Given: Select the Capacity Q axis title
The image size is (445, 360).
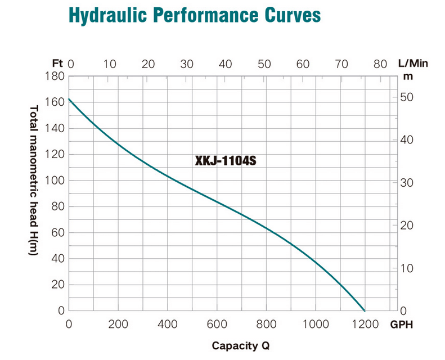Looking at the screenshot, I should (x=245, y=345).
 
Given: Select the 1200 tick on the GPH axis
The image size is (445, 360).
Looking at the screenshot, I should (x=365, y=325).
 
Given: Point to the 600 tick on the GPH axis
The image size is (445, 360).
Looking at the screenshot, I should (x=217, y=325).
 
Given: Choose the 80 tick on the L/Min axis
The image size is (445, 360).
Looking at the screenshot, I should (x=380, y=64).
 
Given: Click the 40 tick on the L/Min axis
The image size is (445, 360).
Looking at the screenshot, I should (x=226, y=64).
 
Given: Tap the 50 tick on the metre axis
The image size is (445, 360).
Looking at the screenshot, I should (x=407, y=97).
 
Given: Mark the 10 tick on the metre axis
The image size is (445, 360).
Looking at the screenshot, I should (x=407, y=268).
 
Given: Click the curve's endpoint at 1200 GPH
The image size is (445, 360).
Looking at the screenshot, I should (x=365, y=310).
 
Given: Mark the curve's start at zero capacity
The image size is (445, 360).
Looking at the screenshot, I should (x=69, y=99).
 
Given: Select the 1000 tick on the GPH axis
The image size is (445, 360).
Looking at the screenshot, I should (x=316, y=325).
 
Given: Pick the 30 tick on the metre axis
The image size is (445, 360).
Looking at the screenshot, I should (x=407, y=183).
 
